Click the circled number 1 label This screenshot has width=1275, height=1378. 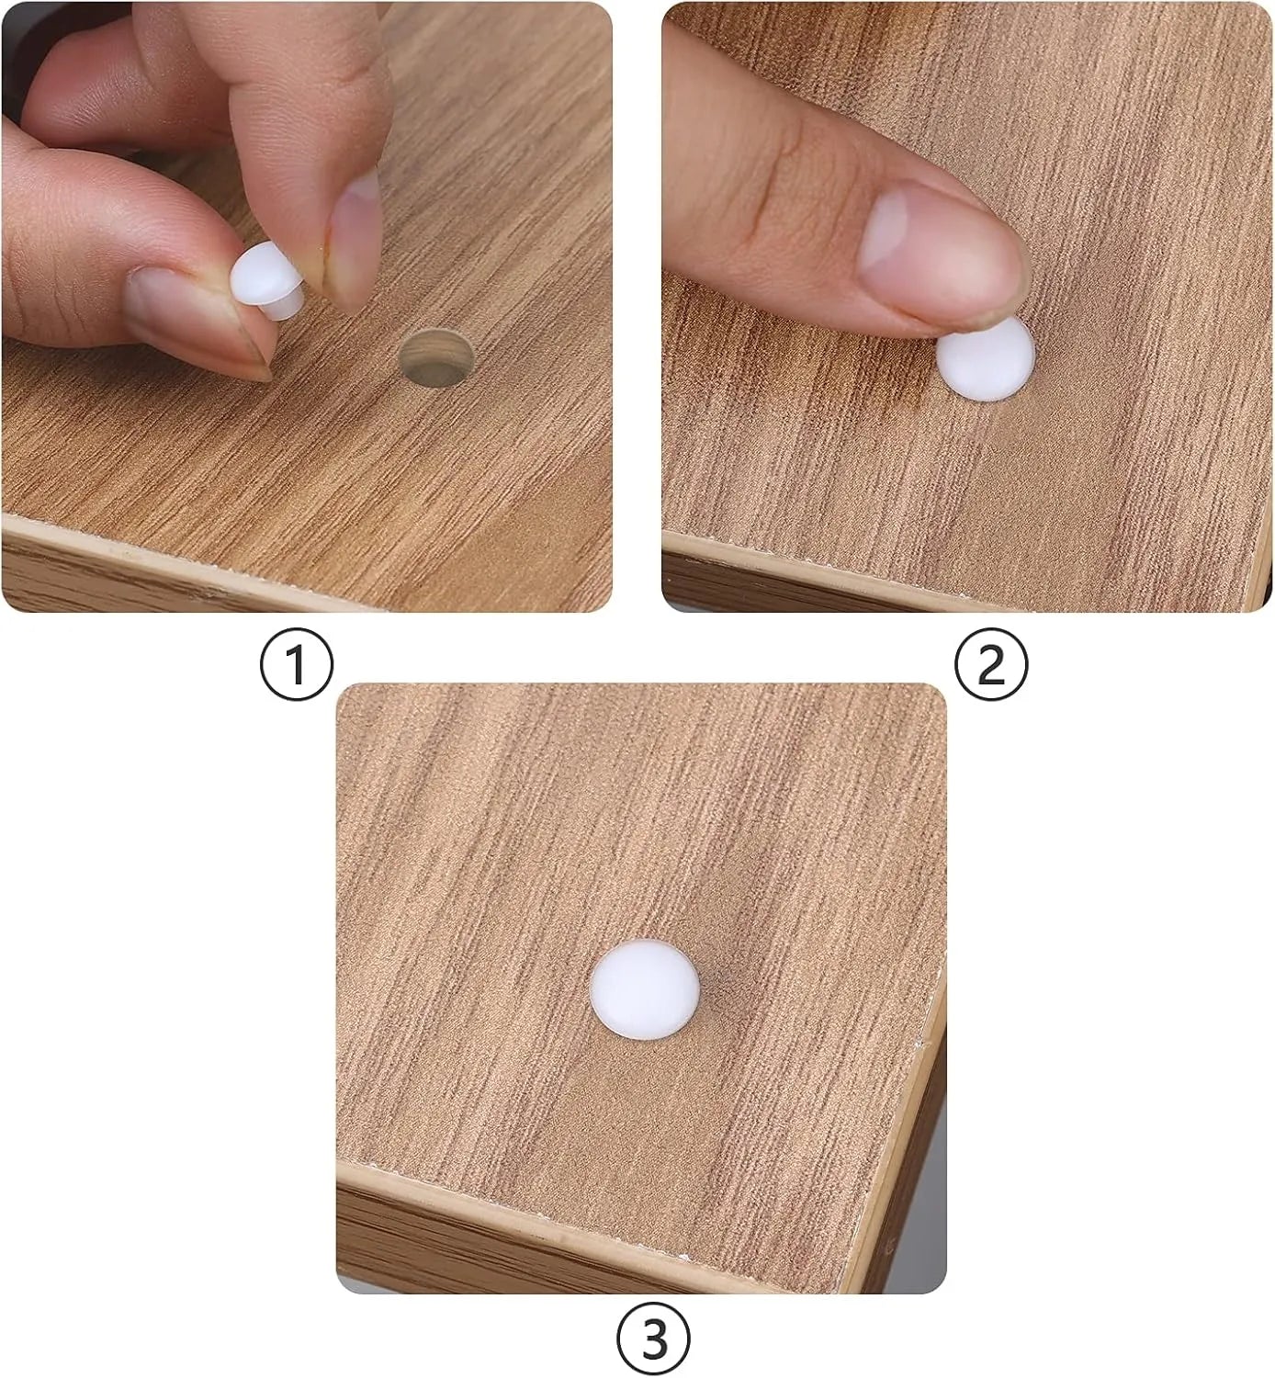[297, 665]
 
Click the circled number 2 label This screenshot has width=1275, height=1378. [990, 665]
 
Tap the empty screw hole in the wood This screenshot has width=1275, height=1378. [436, 358]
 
